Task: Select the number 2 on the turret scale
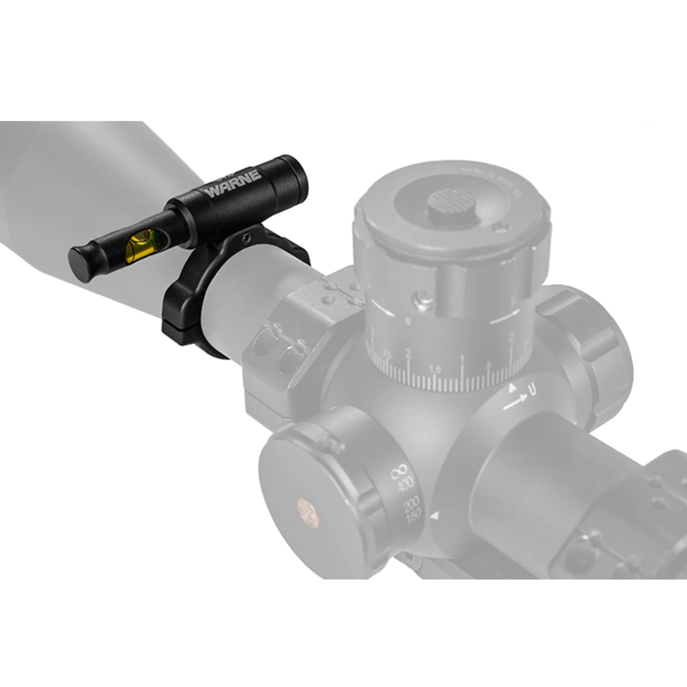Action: pos(408,354)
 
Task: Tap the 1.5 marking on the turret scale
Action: pos(435,369)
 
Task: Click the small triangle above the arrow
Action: pos(512,386)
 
